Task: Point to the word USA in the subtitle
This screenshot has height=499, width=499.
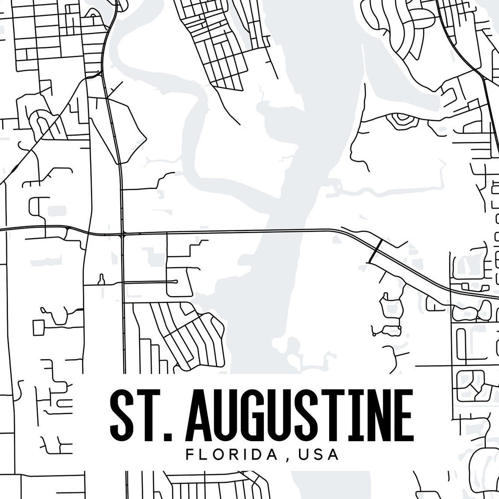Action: (x=319, y=454)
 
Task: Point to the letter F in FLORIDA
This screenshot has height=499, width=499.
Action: (x=190, y=454)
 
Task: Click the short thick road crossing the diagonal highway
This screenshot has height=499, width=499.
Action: (x=376, y=251)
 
